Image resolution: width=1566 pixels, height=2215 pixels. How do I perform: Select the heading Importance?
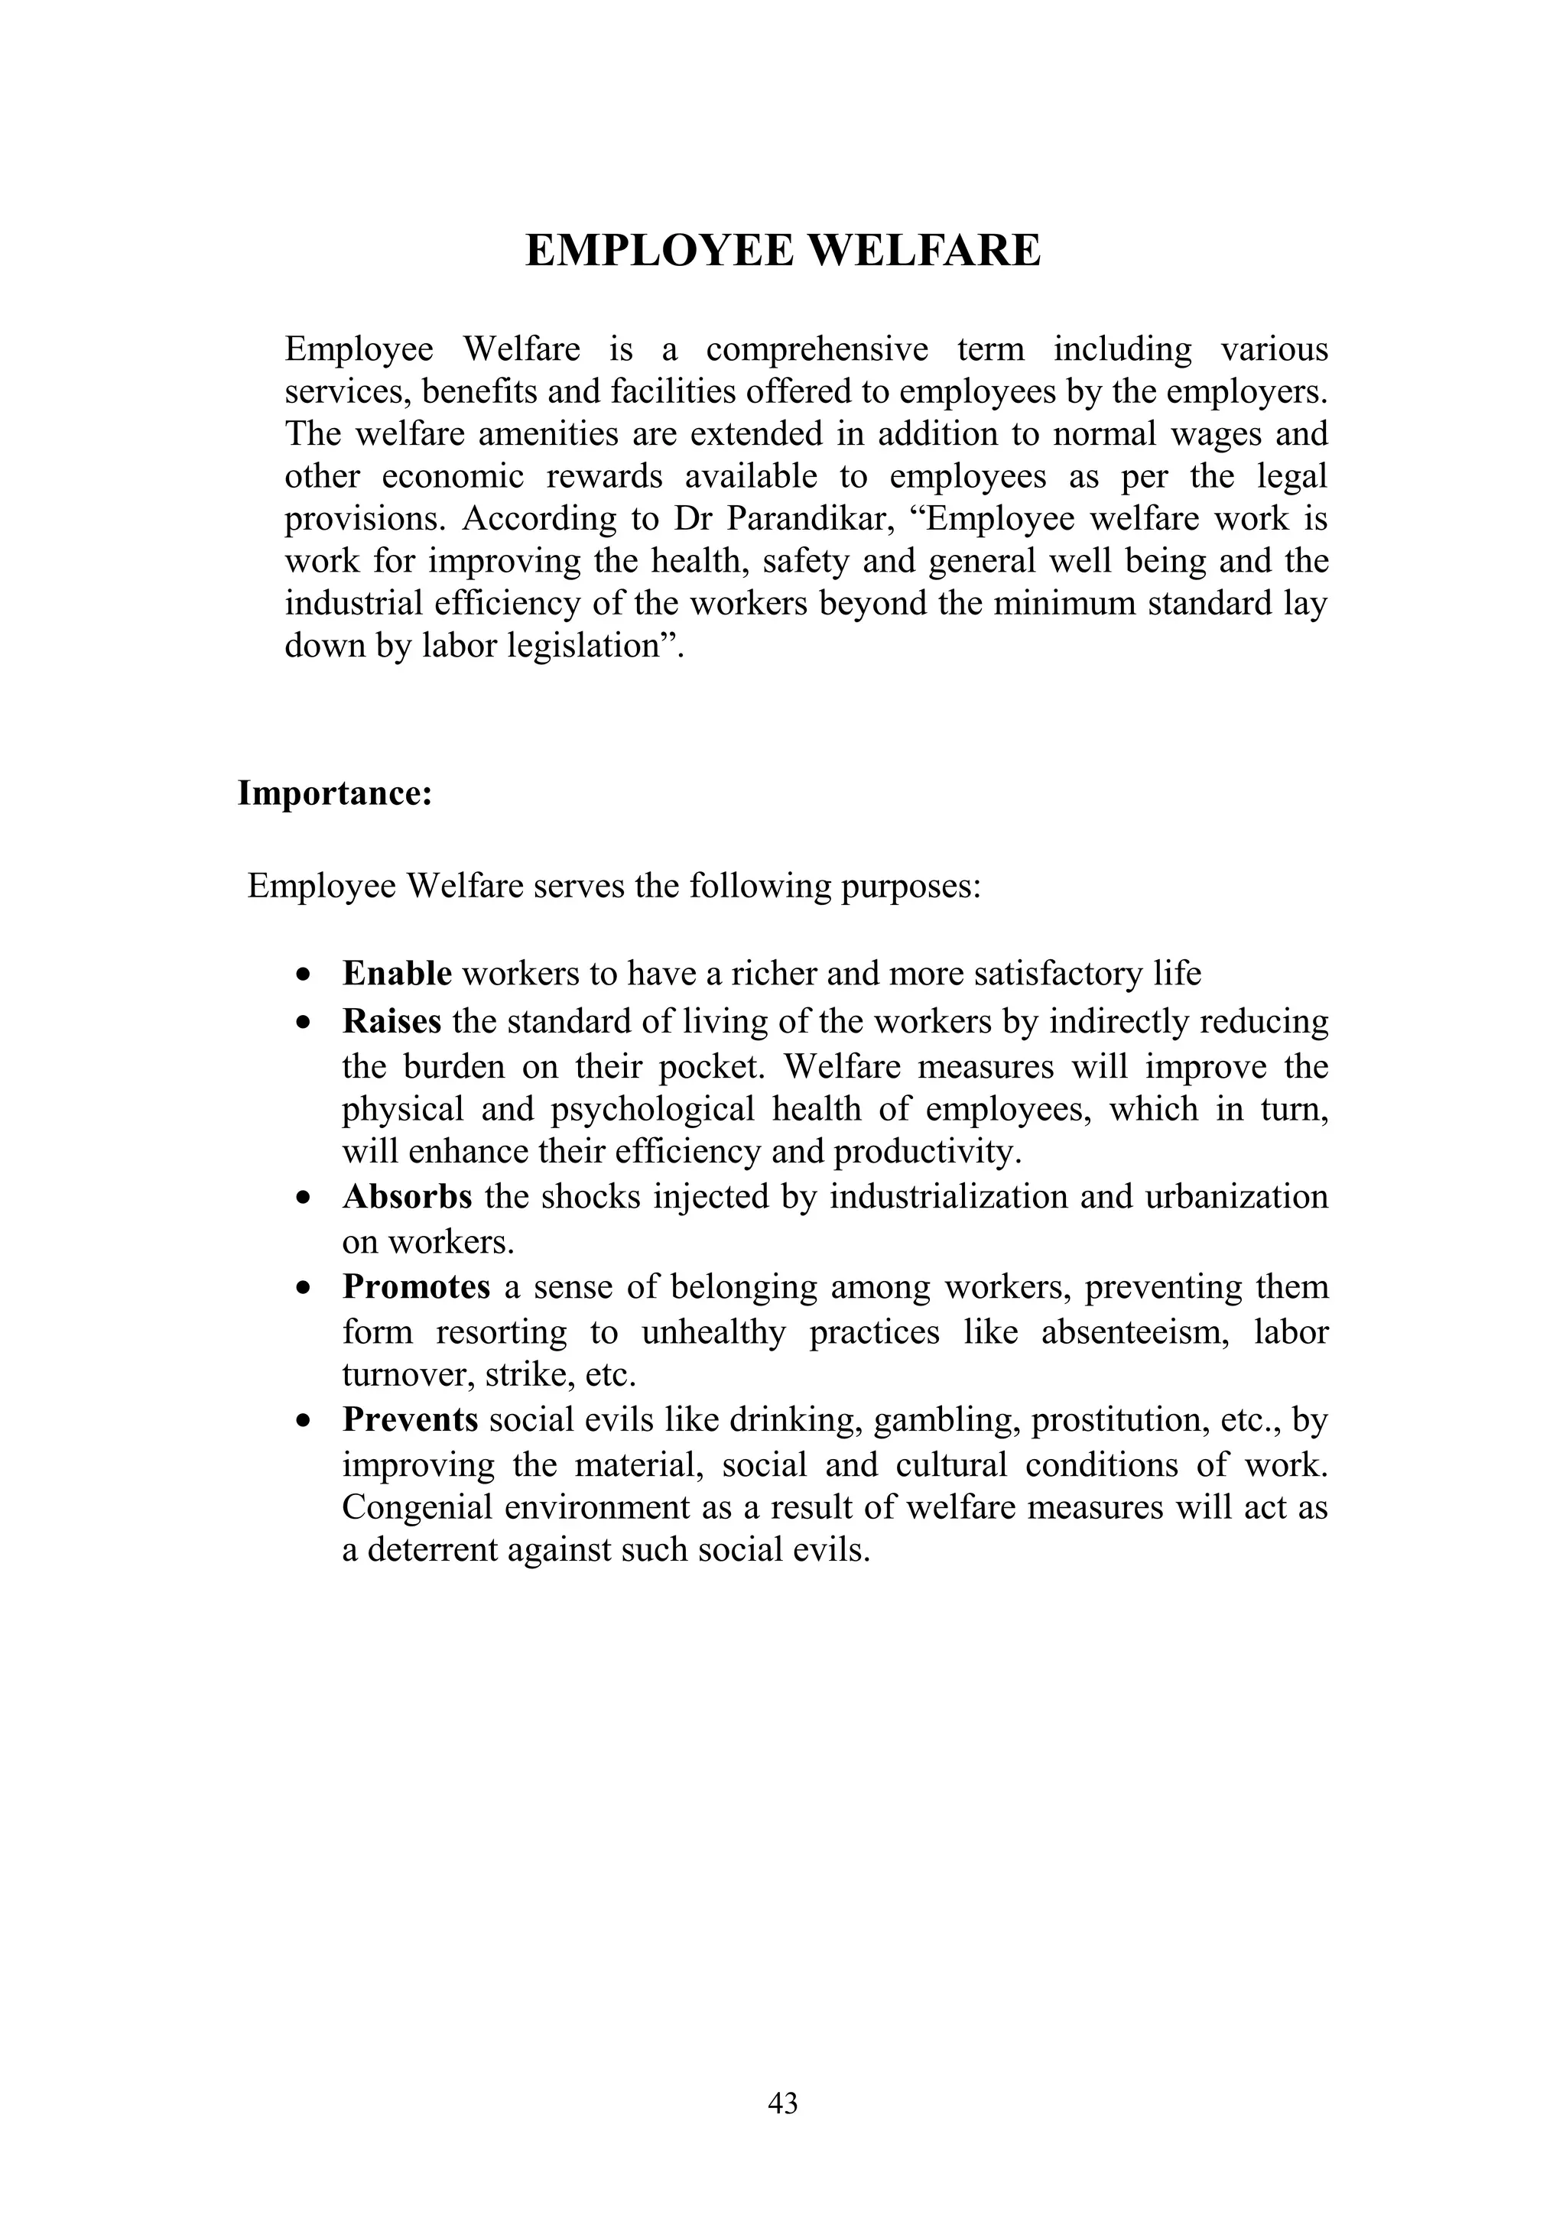(x=335, y=794)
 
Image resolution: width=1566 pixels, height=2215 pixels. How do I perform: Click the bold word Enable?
(x=397, y=974)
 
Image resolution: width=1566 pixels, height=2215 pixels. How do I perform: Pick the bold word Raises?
(x=391, y=1020)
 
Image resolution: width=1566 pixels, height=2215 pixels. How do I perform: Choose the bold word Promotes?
(x=416, y=1287)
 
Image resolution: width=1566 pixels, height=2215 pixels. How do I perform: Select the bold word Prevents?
(x=410, y=1420)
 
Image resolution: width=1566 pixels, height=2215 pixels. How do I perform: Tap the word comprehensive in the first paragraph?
(x=817, y=349)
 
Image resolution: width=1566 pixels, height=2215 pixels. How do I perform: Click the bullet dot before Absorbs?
(x=305, y=1199)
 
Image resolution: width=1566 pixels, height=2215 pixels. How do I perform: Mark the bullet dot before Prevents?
(x=305, y=1422)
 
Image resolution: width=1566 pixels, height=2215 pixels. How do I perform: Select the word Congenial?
(x=417, y=1507)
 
